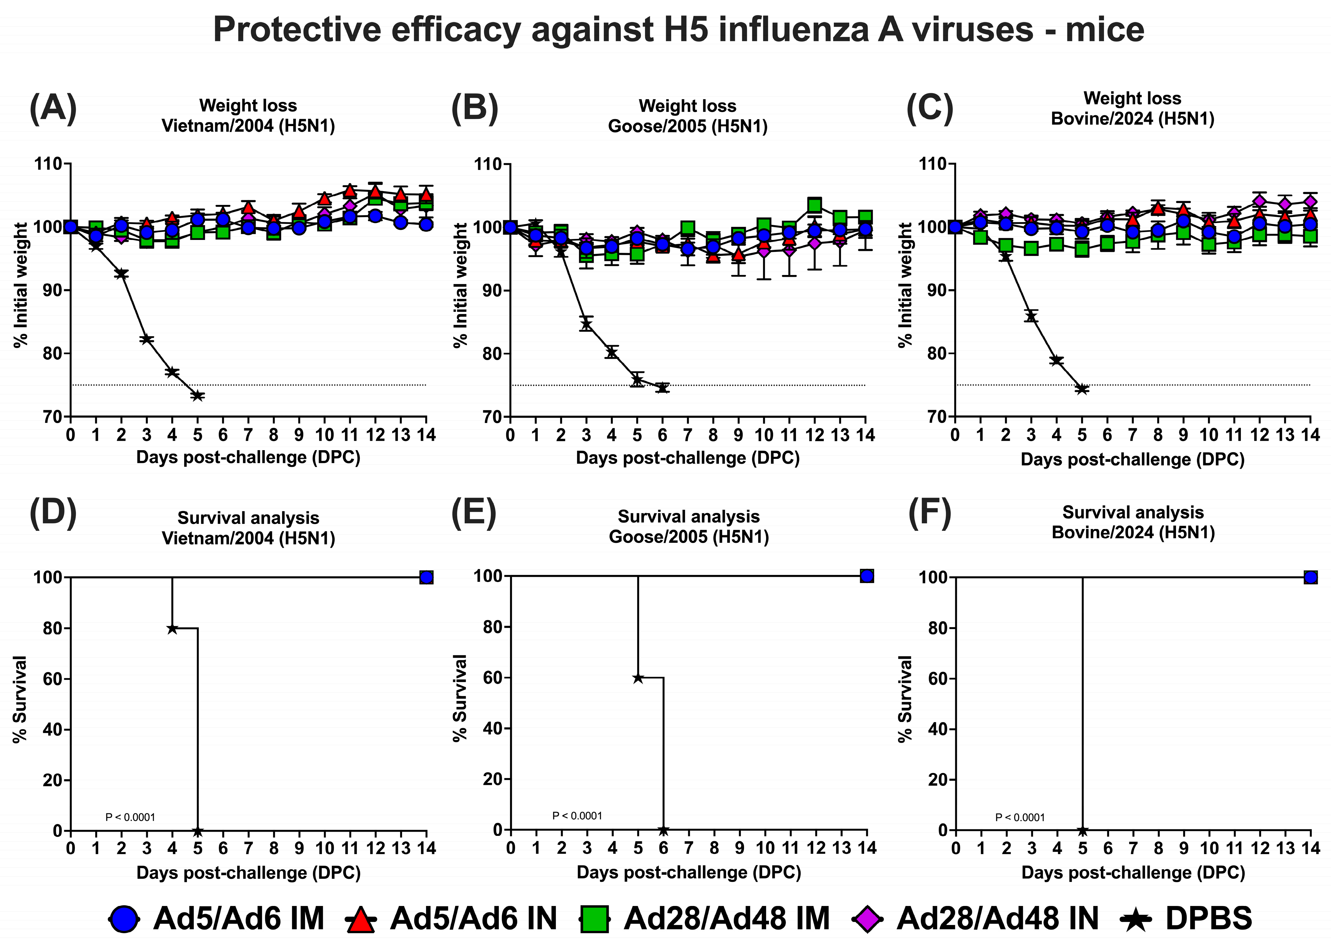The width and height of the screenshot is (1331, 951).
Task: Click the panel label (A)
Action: coord(53,109)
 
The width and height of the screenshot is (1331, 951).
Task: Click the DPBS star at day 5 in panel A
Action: coord(198,396)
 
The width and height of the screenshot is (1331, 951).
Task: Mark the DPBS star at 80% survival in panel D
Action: coord(172,628)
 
